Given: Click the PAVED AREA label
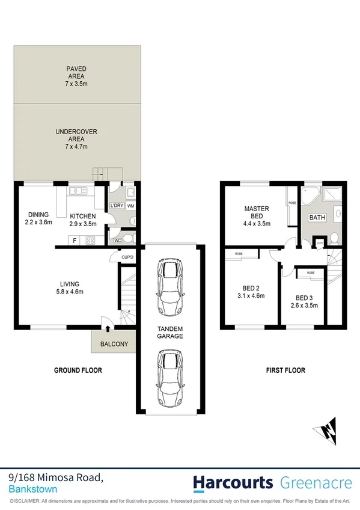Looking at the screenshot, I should (76, 73).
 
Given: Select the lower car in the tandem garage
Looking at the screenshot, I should (169, 378).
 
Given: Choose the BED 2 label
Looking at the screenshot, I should (249, 291).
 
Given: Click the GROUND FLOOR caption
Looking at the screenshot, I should (78, 370).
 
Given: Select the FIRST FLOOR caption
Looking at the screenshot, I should (285, 370).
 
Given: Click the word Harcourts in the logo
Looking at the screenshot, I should (231, 482).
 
